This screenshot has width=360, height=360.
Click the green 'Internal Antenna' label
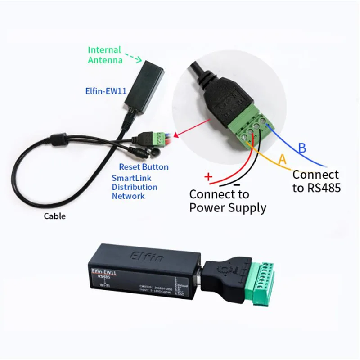pos(104,54)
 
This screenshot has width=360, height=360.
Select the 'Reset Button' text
pos(144,167)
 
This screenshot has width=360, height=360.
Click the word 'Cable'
pos(54,216)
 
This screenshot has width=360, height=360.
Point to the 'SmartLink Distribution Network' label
pos(135,187)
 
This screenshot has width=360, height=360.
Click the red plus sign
pos(208,177)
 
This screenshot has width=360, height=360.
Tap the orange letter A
pos(282,159)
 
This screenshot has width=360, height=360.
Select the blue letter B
pos(303,148)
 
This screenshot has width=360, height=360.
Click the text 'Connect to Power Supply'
pos(227,201)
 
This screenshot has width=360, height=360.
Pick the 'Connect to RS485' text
pos(316,181)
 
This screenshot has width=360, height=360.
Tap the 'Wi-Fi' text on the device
pos(104,285)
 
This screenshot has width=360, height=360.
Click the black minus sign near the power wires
pos(237,185)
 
